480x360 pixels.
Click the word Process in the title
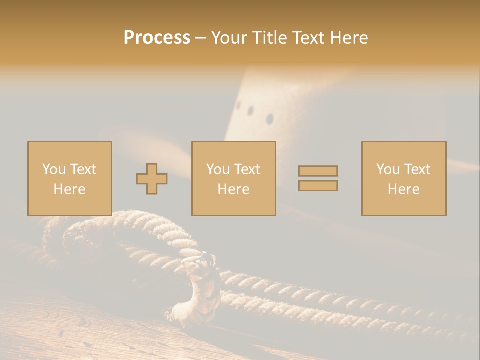157,38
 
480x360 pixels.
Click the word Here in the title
351,38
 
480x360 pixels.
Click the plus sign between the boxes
152,179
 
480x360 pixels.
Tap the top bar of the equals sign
318,171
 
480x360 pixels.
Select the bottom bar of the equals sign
318,186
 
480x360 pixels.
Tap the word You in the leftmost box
53,169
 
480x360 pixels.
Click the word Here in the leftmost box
69,189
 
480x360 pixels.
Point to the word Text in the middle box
247,169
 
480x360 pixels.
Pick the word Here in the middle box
233,189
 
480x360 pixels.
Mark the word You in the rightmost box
388,169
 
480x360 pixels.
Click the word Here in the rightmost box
403,189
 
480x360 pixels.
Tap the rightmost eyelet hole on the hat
270,119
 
